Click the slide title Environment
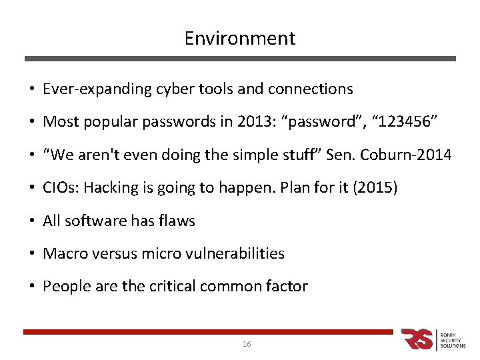[240, 39]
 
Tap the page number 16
[247, 344]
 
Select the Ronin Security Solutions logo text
[453, 339]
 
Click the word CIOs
[59, 188]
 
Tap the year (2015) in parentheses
[377, 188]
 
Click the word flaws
[177, 221]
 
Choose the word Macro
[62, 254]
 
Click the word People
[63, 287]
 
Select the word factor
[289, 287]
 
